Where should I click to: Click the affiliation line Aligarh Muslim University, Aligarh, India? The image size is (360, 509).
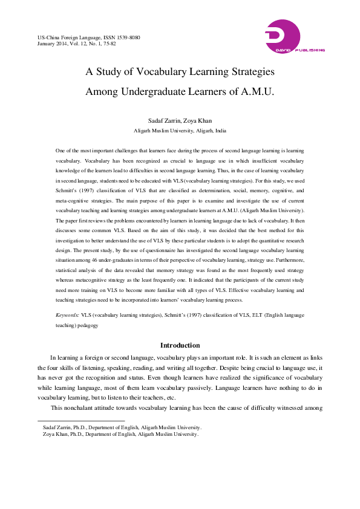tap(180, 131)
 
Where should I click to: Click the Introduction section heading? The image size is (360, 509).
tap(180, 345)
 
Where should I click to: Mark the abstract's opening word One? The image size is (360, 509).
tap(60, 149)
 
